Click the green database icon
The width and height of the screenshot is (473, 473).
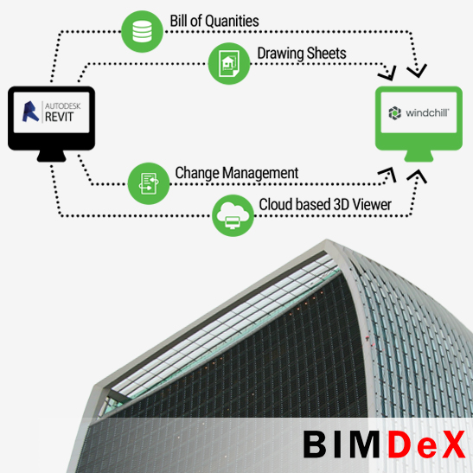click(x=142, y=31)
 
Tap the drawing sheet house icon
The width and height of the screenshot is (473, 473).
click(x=229, y=64)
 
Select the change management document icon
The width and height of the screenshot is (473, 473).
click(x=149, y=183)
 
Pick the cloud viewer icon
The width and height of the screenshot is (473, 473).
click(x=233, y=215)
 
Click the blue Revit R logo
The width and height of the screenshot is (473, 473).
click(x=30, y=112)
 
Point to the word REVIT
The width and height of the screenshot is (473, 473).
click(x=59, y=117)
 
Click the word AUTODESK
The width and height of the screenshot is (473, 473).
click(x=63, y=105)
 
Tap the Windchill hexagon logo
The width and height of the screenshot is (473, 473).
click(x=394, y=113)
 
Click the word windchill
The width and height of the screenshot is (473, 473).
click(x=427, y=113)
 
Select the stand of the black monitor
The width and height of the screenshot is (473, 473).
click(x=51, y=156)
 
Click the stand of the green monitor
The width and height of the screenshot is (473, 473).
click(x=419, y=156)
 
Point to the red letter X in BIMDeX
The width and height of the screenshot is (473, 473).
click(x=452, y=444)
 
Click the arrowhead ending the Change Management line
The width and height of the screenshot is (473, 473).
click(x=388, y=175)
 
